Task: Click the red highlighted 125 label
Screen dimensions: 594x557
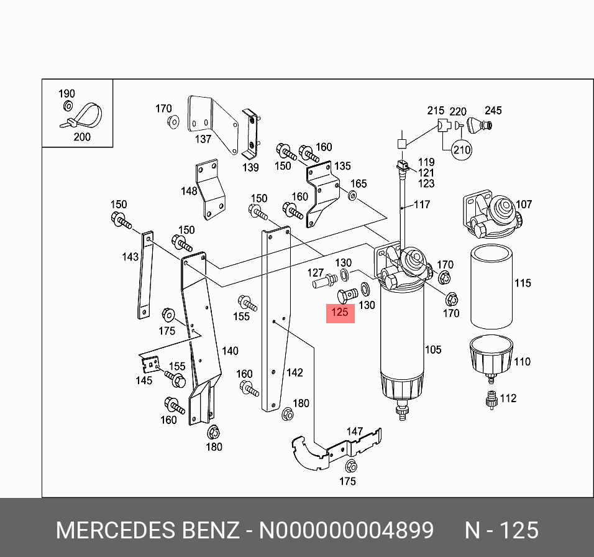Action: click(x=340, y=313)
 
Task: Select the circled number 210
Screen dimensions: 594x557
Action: click(x=461, y=150)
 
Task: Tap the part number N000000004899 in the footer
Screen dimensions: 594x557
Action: click(x=346, y=530)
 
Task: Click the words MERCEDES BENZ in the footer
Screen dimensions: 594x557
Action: click(x=147, y=530)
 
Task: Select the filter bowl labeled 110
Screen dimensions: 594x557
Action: click(x=490, y=356)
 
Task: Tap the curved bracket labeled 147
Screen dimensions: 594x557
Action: click(x=336, y=448)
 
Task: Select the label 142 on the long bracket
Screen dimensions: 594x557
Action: click(x=294, y=372)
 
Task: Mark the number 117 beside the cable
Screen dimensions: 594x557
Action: click(x=422, y=204)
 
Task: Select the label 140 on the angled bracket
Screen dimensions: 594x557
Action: click(x=229, y=351)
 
